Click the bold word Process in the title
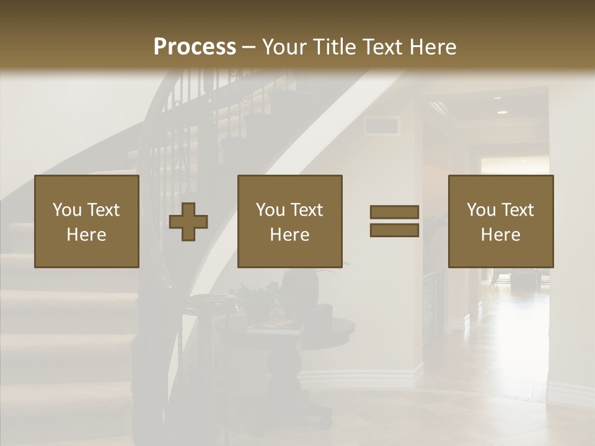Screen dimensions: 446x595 (x=195, y=47)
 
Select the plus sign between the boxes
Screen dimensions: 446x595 (x=188, y=222)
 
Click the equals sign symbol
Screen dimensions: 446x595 (x=394, y=221)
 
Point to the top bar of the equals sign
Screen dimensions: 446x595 (x=394, y=212)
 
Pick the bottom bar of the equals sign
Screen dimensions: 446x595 (x=394, y=230)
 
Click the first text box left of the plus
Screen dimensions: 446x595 (x=87, y=221)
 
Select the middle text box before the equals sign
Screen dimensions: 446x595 (x=289, y=221)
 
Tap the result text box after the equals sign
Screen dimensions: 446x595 (x=500, y=221)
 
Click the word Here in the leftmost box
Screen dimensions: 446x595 (x=86, y=235)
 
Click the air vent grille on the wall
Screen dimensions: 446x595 (x=381, y=126)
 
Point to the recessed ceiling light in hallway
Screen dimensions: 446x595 (x=501, y=112)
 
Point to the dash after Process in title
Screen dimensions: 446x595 (x=249, y=48)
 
